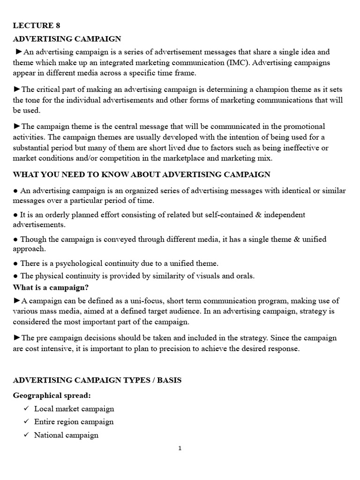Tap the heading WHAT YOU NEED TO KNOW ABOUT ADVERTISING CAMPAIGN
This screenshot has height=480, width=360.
point(142,174)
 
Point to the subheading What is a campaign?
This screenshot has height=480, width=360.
point(51,287)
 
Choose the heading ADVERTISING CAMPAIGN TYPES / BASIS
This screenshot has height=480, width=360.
point(97,380)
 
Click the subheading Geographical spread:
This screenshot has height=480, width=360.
point(52,395)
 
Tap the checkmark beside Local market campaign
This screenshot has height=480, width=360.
point(26,409)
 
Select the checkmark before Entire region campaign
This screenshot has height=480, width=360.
point(26,422)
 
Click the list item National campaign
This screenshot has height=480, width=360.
point(66,435)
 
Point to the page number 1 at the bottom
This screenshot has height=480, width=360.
point(180,448)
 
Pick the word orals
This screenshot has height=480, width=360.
point(244,276)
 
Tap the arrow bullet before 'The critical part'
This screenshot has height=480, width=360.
point(17,89)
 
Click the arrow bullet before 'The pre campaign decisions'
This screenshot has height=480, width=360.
point(17,338)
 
